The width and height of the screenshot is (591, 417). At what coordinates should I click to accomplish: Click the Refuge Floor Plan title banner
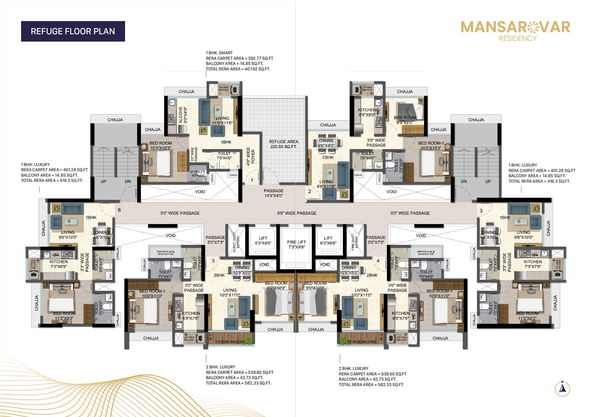click(x=73, y=31)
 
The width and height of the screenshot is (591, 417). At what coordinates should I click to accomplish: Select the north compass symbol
click(x=562, y=389)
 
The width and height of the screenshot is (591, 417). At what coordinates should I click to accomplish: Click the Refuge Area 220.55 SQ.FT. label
click(x=283, y=144)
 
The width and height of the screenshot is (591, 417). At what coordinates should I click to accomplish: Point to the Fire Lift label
click(x=296, y=244)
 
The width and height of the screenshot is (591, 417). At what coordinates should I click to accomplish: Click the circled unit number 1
click(x=252, y=180)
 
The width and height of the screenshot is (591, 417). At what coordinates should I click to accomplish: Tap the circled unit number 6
click(x=119, y=210)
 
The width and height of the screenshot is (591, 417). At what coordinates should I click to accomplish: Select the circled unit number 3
click(x=481, y=210)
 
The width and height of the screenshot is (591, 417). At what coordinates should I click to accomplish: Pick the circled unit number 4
click(x=378, y=261)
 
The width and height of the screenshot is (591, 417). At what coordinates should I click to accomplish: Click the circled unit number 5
click(x=213, y=261)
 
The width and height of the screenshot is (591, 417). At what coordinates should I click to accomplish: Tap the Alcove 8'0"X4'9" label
click(x=183, y=115)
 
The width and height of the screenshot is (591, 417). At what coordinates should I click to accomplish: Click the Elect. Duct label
click(x=236, y=242)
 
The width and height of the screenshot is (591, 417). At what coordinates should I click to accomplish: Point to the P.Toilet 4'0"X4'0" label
click(x=198, y=174)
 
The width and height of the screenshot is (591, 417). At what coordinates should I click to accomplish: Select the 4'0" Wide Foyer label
click(x=251, y=156)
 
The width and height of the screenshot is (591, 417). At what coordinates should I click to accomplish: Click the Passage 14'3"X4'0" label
click(x=274, y=193)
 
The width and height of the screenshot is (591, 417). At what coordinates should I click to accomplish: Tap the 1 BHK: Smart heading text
click(x=219, y=53)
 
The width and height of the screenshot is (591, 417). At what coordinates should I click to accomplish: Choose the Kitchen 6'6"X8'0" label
click(x=367, y=112)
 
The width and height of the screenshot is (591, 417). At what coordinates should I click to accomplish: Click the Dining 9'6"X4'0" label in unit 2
click(x=326, y=143)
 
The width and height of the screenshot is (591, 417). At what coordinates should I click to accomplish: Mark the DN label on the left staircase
click(x=128, y=181)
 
